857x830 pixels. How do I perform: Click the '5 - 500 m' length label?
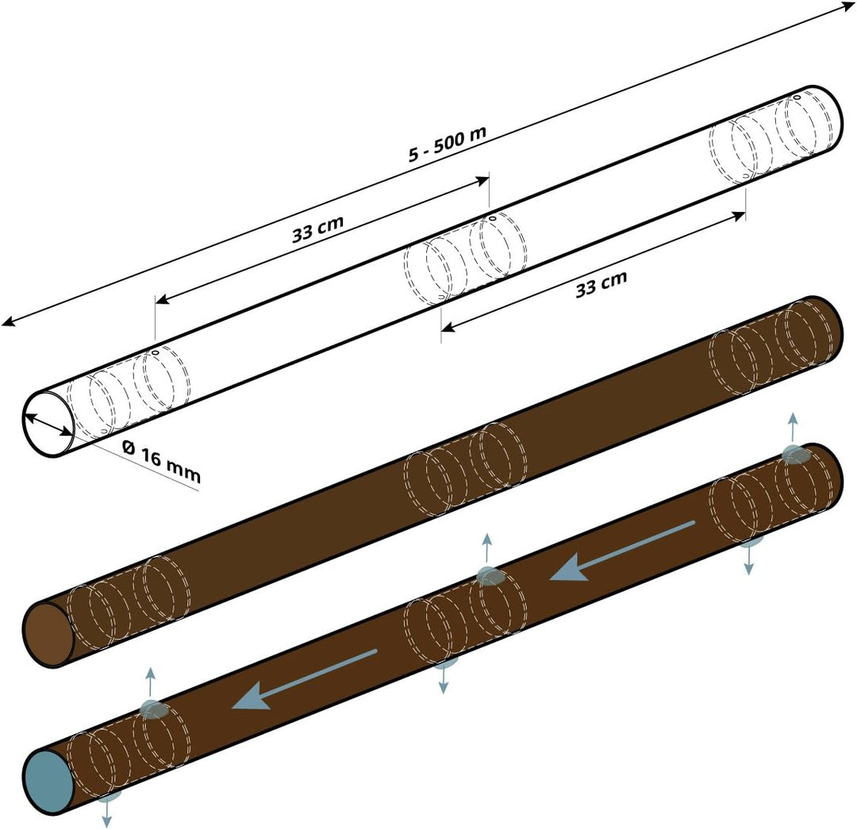point(447,144)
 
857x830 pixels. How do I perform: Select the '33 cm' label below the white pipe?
point(601,283)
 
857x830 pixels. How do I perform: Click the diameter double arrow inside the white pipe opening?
point(48,424)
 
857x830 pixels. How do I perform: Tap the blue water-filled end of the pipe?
point(49,782)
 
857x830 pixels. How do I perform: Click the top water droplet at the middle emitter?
point(490,577)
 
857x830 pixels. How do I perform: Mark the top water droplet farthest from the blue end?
point(794,455)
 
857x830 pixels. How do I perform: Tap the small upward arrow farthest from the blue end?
point(791,425)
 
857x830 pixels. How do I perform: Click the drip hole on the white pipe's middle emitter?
point(492,218)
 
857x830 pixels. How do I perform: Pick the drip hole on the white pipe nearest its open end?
point(156,353)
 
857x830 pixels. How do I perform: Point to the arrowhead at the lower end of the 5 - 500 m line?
point(8,321)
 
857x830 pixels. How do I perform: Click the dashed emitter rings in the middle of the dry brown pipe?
point(465,467)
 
